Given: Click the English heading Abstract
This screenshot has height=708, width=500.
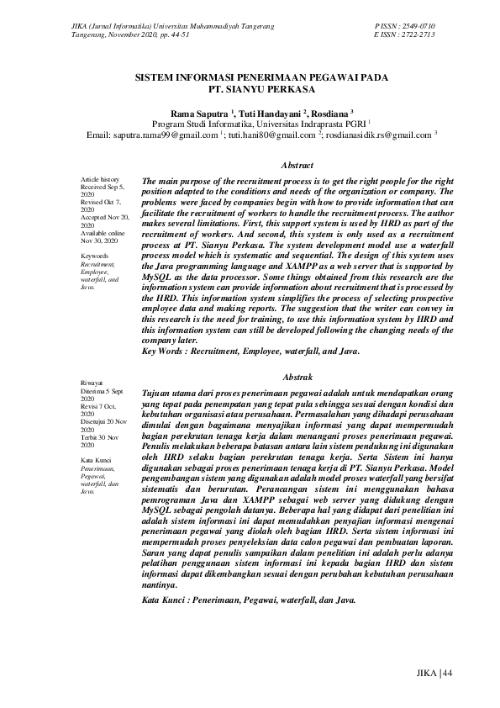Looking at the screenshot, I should [297, 166].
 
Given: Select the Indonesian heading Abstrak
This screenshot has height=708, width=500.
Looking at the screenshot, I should [298, 378].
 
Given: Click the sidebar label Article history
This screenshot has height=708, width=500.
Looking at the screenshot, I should [100, 180].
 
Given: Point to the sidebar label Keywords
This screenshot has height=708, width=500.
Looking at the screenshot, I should [95, 255].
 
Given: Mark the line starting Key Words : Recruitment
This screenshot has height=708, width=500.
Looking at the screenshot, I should [252, 350].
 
